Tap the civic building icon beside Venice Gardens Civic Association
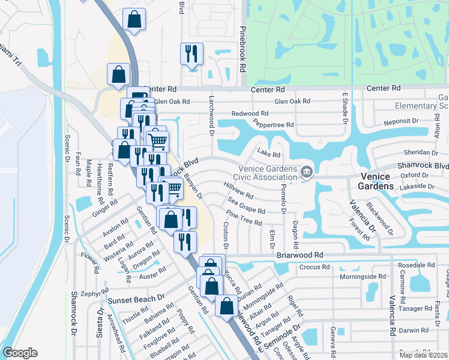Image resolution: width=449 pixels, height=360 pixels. pyautogui.click(x=307, y=173)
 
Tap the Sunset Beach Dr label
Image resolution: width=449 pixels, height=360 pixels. pyautogui.click(x=136, y=299)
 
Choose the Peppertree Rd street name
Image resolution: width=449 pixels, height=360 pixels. pyautogui.click(x=273, y=125)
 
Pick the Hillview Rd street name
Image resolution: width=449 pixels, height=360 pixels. pyautogui.click(x=238, y=191)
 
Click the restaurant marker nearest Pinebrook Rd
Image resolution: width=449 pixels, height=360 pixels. pyautogui.click(x=191, y=54)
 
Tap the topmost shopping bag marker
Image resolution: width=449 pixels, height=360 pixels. pyautogui.click(x=134, y=19)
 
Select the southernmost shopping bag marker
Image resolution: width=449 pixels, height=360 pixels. pyautogui.click(x=226, y=306)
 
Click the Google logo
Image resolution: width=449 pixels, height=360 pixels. pyautogui.click(x=20, y=353)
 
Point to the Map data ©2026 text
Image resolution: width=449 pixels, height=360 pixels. pyautogui.click(x=423, y=355)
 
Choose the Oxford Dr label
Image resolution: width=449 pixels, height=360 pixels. pyautogui.click(x=414, y=175)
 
